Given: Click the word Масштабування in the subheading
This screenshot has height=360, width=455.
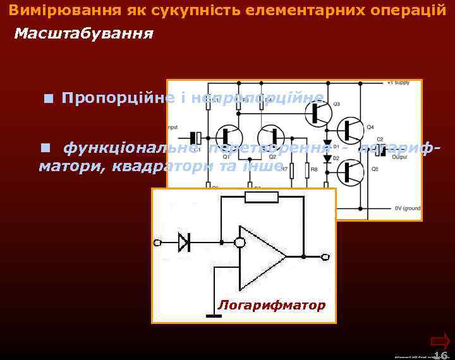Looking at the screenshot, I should pyautogui.click(x=83, y=33).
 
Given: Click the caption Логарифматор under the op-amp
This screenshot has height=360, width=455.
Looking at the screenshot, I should pyautogui.click(x=272, y=306).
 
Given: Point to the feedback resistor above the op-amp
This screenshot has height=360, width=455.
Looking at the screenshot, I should pyautogui.click(x=261, y=197).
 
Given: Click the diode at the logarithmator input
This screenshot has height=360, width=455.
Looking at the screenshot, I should pyautogui.click(x=185, y=241).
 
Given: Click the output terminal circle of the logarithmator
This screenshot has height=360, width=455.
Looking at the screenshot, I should pyautogui.click(x=325, y=257).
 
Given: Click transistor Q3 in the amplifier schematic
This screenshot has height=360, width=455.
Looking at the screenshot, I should pyautogui.click(x=319, y=113).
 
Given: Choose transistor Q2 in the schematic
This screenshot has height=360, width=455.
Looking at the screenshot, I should pyautogui.click(x=273, y=138).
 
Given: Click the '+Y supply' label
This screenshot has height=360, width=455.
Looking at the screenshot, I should pyautogui.click(x=398, y=83).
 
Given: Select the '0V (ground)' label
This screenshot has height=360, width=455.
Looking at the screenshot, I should pyautogui.click(x=408, y=208).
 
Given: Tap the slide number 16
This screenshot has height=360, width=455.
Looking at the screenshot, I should pyautogui.click(x=440, y=354).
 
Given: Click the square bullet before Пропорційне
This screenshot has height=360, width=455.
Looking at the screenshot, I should pyautogui.click(x=49, y=99).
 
